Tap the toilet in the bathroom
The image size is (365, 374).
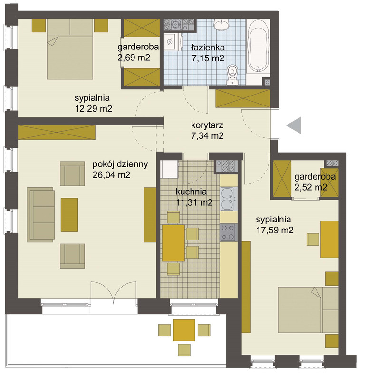(232, 75)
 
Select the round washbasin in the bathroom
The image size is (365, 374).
(221, 25)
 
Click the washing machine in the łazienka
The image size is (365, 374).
(173, 42)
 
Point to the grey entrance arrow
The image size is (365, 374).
(294, 125)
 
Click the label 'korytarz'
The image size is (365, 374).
(207, 125)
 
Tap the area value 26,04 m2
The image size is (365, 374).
(111, 175)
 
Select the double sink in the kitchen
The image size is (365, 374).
(229, 199)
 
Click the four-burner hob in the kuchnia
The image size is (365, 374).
(229, 232)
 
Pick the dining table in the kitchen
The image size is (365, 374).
(173, 243)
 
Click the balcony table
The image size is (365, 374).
(184, 330)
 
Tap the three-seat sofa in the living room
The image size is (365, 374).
(40, 215)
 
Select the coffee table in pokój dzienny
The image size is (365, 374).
(69, 215)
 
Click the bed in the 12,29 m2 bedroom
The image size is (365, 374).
(70, 49)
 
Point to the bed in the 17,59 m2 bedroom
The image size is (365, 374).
(308, 309)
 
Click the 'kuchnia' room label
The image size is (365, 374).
(191, 192)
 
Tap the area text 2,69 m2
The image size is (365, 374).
(134, 58)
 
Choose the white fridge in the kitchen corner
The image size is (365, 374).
(169, 169)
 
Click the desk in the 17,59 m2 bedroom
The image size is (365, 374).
(329, 239)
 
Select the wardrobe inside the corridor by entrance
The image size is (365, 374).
(243, 98)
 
